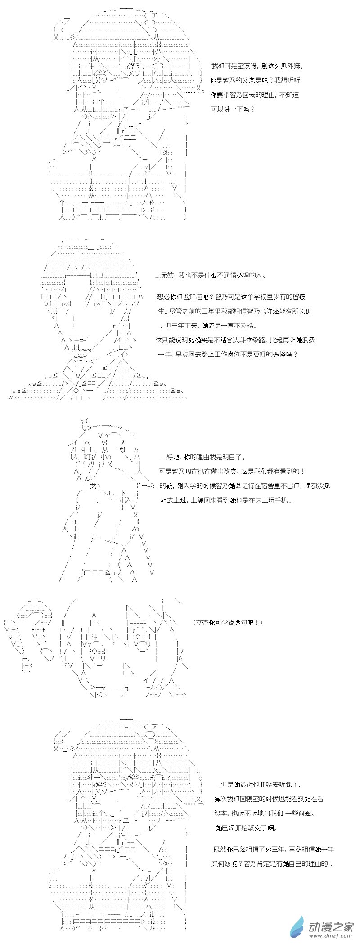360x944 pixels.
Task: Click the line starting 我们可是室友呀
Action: pyautogui.click(x=257, y=66)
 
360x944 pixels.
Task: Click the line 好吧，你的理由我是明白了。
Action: pyautogui.click(x=203, y=457)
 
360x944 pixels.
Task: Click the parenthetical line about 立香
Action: pyautogui.click(x=228, y=623)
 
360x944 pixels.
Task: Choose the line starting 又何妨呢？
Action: pyautogui.click(x=272, y=864)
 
